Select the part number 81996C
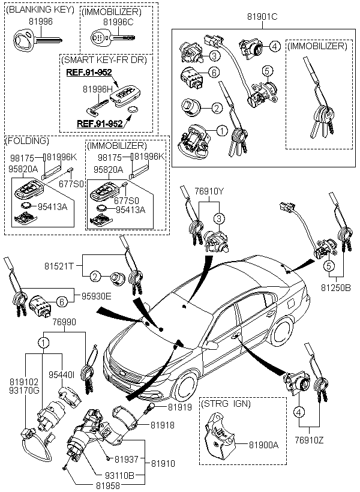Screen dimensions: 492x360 [x=116, y=22]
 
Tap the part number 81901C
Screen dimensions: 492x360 [x=263, y=18]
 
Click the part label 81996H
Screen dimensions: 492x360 [x=95, y=89]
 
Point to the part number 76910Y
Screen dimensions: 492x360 [x=209, y=192]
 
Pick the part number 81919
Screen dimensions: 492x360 [x=179, y=407]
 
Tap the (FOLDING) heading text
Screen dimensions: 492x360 [x=26, y=141]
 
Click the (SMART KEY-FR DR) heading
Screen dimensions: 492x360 [x=104, y=59]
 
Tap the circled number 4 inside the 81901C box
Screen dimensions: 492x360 [x=274, y=46]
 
